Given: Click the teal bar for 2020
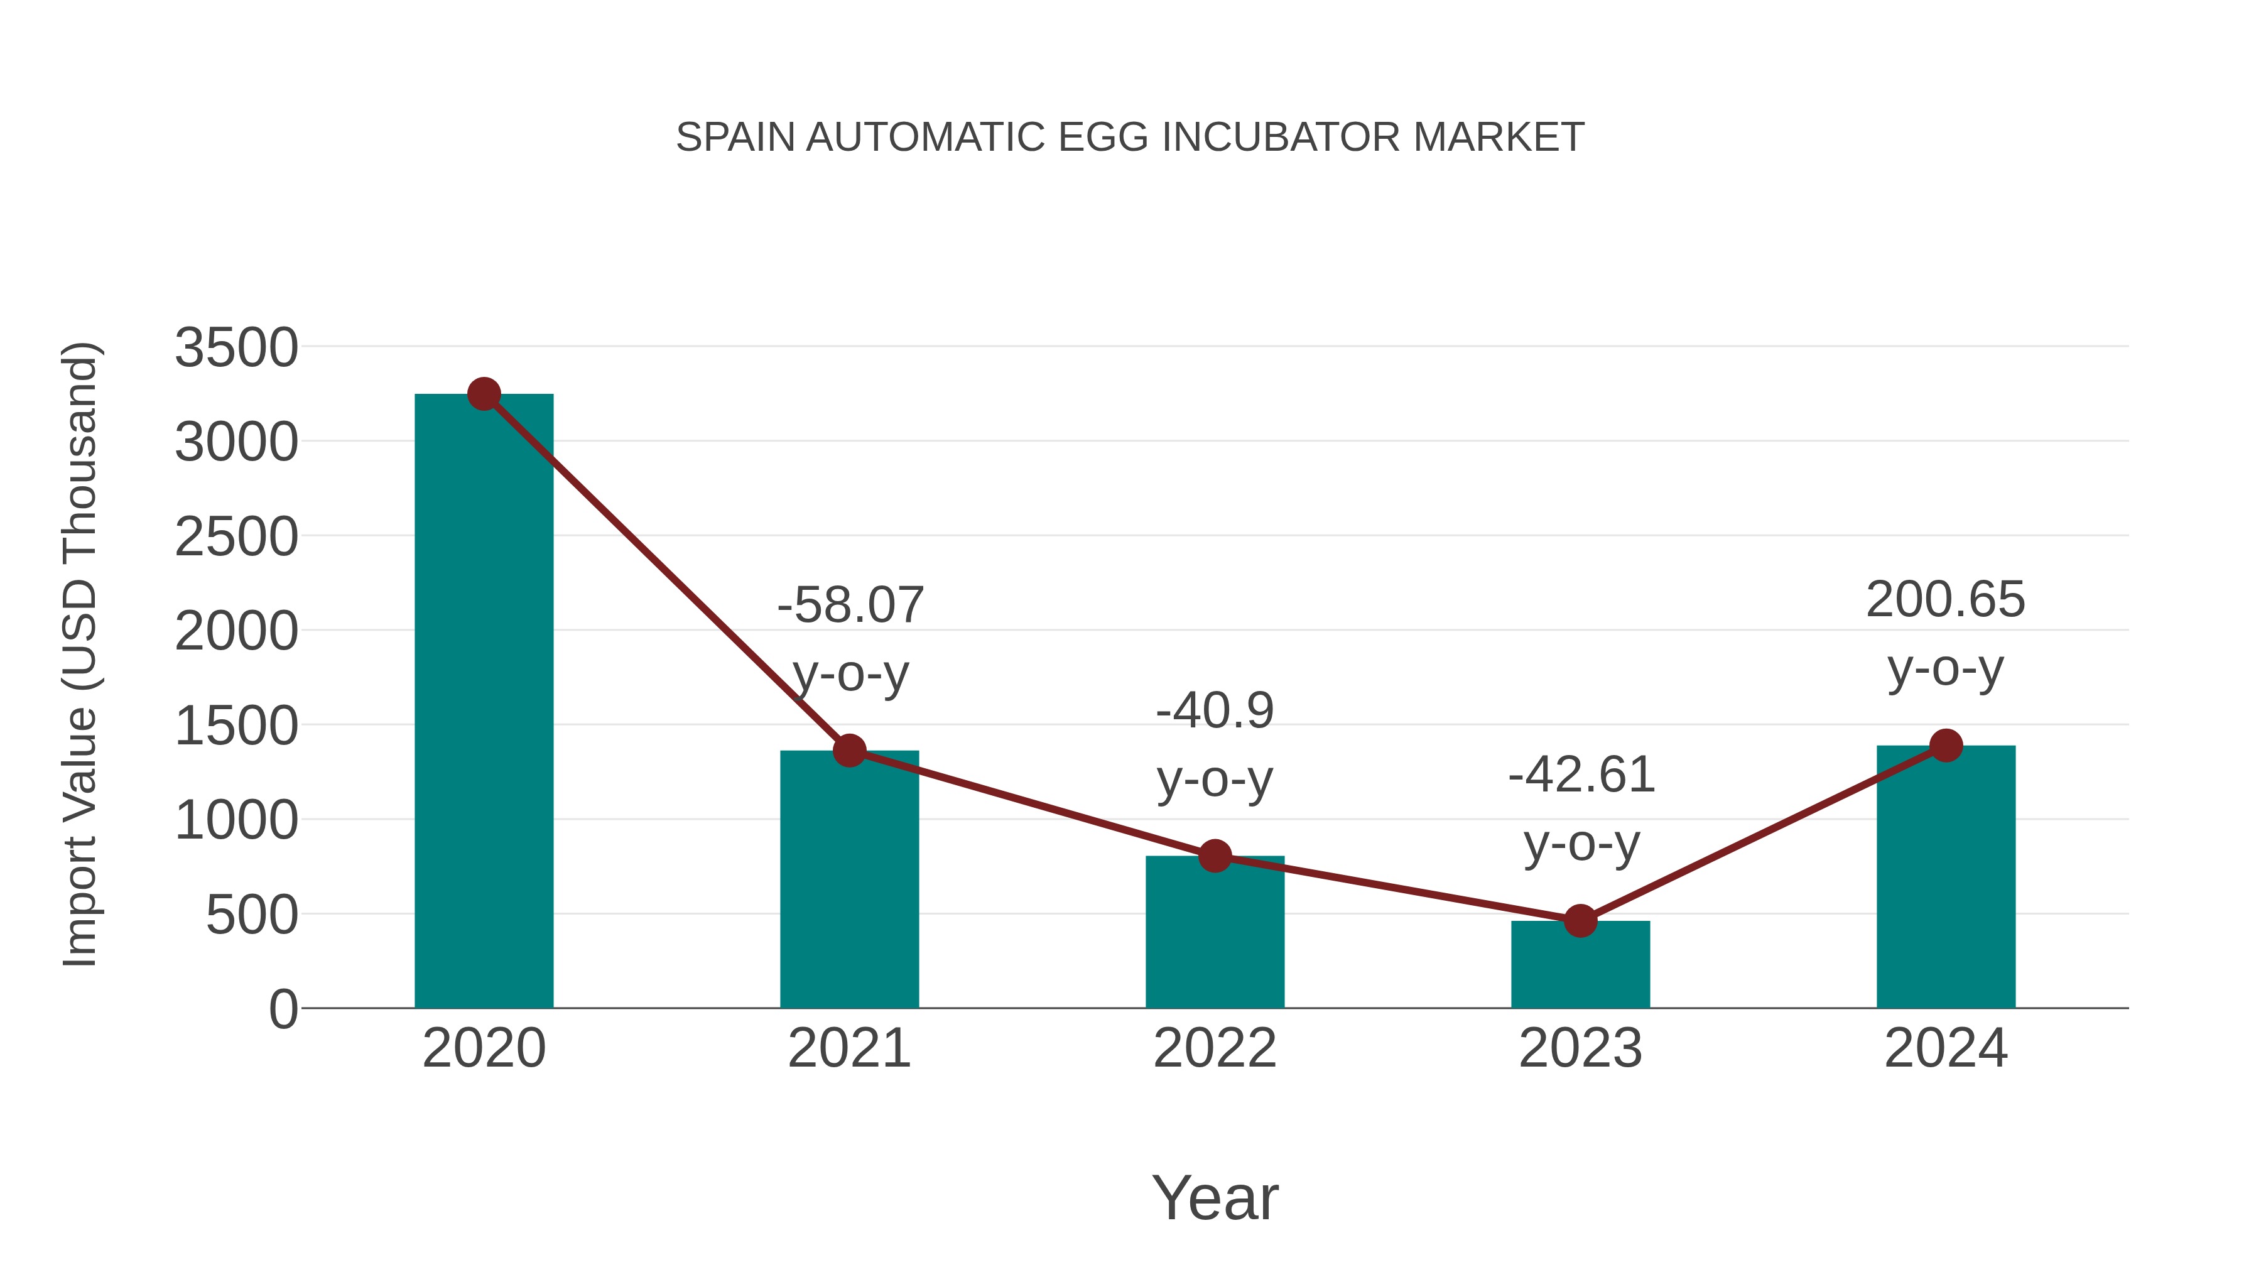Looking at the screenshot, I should pyautogui.click(x=484, y=702).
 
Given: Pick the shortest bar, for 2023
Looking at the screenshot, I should pyautogui.click(x=1580, y=965).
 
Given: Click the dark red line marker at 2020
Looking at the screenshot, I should pyautogui.click(x=484, y=394).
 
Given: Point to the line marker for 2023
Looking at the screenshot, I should pyautogui.click(x=1580, y=921).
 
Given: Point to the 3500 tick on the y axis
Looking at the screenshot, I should pyautogui.click(x=236, y=347).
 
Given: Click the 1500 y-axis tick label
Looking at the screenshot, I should pyautogui.click(x=236, y=727).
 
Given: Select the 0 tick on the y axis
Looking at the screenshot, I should pyautogui.click(x=283, y=1009).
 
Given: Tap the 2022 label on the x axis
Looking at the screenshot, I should pyautogui.click(x=1215, y=1048).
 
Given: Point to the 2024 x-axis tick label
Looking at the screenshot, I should pyautogui.click(x=1946, y=1048).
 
